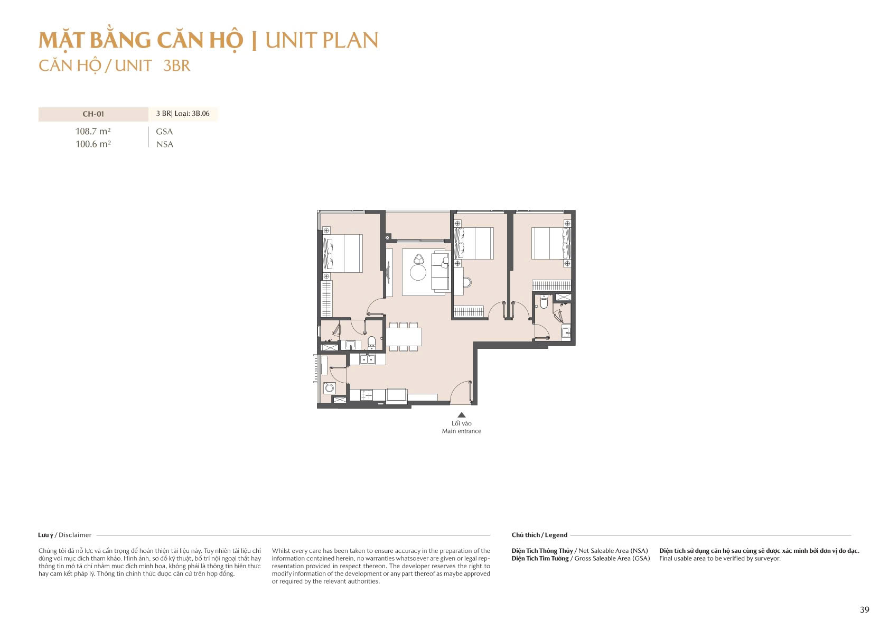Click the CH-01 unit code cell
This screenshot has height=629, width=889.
93,114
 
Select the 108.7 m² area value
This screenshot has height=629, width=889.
93,132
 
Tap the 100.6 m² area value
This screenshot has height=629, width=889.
93,144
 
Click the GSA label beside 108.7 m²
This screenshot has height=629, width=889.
164,132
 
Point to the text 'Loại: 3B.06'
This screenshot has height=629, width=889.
192,114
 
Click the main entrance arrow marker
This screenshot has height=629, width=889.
462,415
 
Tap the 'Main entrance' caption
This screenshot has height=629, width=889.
462,431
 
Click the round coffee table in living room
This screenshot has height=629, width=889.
418,273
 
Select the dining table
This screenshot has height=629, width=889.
404,337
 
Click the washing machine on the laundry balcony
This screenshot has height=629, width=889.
330,388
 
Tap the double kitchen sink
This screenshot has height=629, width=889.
367,359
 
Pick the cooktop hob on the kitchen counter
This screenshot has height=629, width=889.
366,395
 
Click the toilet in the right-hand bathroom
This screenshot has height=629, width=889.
544,303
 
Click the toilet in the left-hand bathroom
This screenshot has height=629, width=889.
371,341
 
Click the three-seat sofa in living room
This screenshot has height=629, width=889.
440,272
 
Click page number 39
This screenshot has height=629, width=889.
864,610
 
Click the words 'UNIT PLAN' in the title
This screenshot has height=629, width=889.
322,41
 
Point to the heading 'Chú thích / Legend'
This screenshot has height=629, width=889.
539,535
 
